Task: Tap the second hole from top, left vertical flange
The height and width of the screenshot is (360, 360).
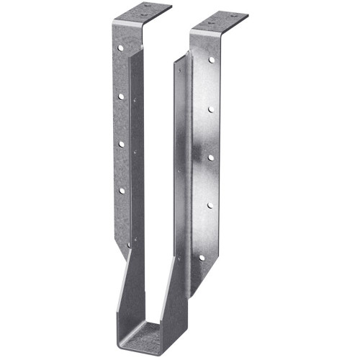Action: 122,96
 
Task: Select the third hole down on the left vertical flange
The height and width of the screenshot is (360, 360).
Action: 121,144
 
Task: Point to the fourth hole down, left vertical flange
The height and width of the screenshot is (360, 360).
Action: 121,191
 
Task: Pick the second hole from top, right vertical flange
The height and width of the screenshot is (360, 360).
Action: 210,109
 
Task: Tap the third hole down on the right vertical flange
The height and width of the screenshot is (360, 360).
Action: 210,156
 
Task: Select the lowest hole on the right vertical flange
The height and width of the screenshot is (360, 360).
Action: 202,257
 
